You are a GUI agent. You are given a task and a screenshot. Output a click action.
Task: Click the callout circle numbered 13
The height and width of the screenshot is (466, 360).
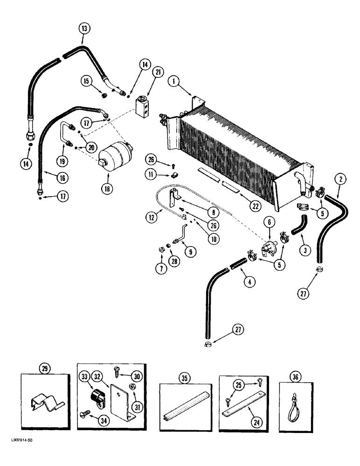pyautogui.click(x=83, y=29)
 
